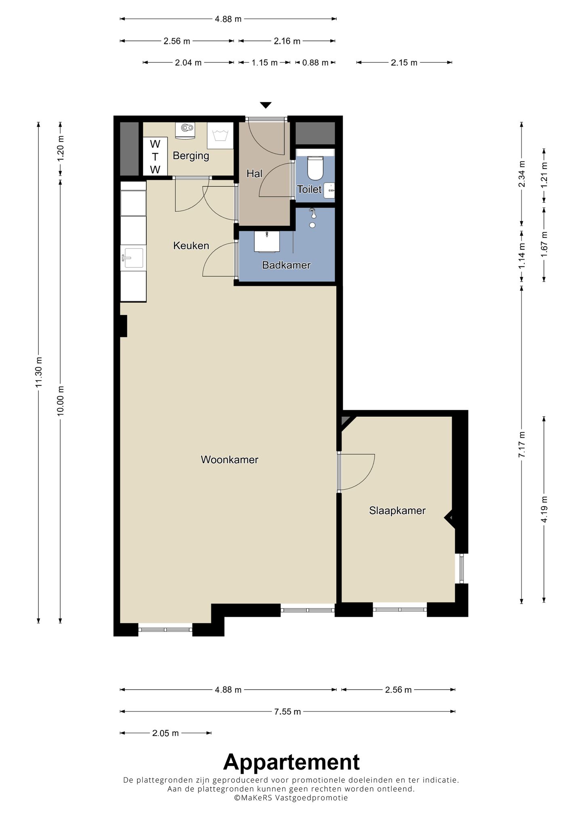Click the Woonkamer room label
[229, 459]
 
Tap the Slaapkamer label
[397, 511]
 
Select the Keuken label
[191, 245]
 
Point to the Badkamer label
[286, 265]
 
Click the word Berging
[191, 156]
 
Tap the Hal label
[255, 174]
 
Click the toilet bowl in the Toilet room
[315, 168]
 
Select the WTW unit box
[155, 156]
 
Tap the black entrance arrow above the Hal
[266, 105]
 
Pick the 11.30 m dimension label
[39, 372]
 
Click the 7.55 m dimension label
[287, 723]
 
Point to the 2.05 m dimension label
[165, 744]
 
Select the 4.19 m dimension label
[544, 509]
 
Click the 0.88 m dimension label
[315, 63]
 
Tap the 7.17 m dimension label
[522, 444]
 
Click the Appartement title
[291, 774]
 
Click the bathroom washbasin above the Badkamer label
[267, 241]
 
